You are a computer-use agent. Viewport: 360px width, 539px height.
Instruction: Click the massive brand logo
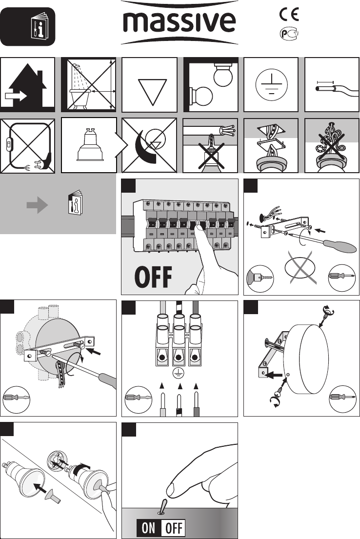point(179,23)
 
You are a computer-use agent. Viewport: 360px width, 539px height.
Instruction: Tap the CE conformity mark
point(289,15)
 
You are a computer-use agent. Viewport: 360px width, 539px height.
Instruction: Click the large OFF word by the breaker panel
point(153,277)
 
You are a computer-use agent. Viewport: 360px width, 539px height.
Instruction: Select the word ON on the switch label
point(148,528)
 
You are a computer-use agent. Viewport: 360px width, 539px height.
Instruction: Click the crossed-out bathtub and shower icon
point(88,84)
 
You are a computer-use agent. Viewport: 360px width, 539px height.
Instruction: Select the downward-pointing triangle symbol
point(152,92)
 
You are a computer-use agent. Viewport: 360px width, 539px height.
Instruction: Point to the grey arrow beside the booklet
point(37,205)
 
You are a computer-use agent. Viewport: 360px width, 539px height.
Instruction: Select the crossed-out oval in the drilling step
point(300,267)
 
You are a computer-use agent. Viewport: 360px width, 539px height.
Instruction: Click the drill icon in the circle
point(260,278)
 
